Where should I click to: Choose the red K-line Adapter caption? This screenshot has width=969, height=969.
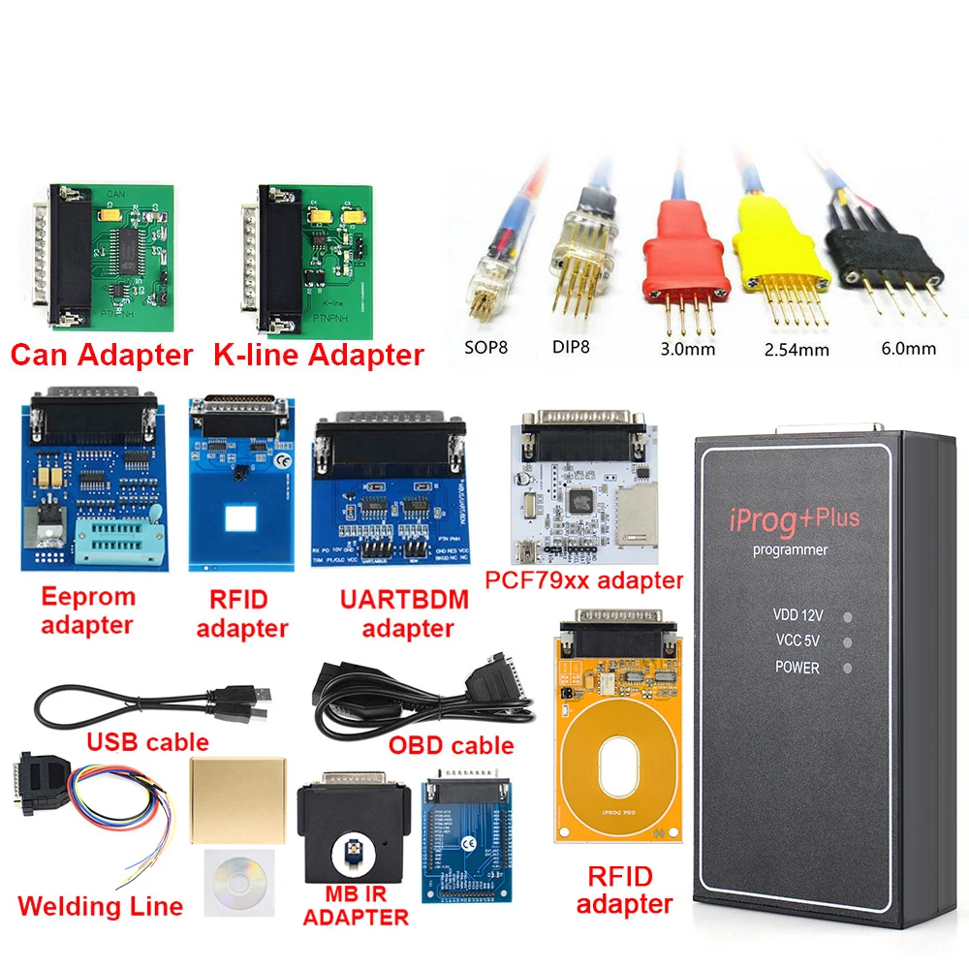[x=319, y=356]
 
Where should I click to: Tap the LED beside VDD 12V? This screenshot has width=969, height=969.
[x=849, y=615]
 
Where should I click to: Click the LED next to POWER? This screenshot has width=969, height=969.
[x=849, y=668]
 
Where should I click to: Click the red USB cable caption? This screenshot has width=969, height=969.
[x=148, y=742]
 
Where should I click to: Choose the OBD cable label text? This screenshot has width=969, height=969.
[x=452, y=745]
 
